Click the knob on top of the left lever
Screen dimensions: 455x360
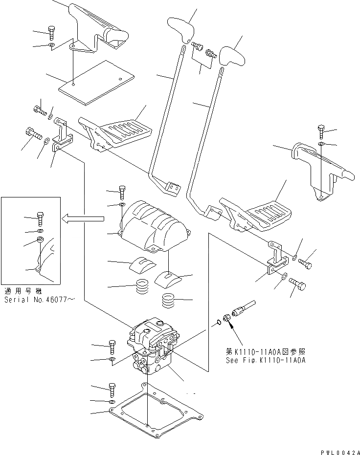tap(180, 28)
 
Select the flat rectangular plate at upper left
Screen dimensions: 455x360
tap(96, 82)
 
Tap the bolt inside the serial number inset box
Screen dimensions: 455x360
tap(41, 218)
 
